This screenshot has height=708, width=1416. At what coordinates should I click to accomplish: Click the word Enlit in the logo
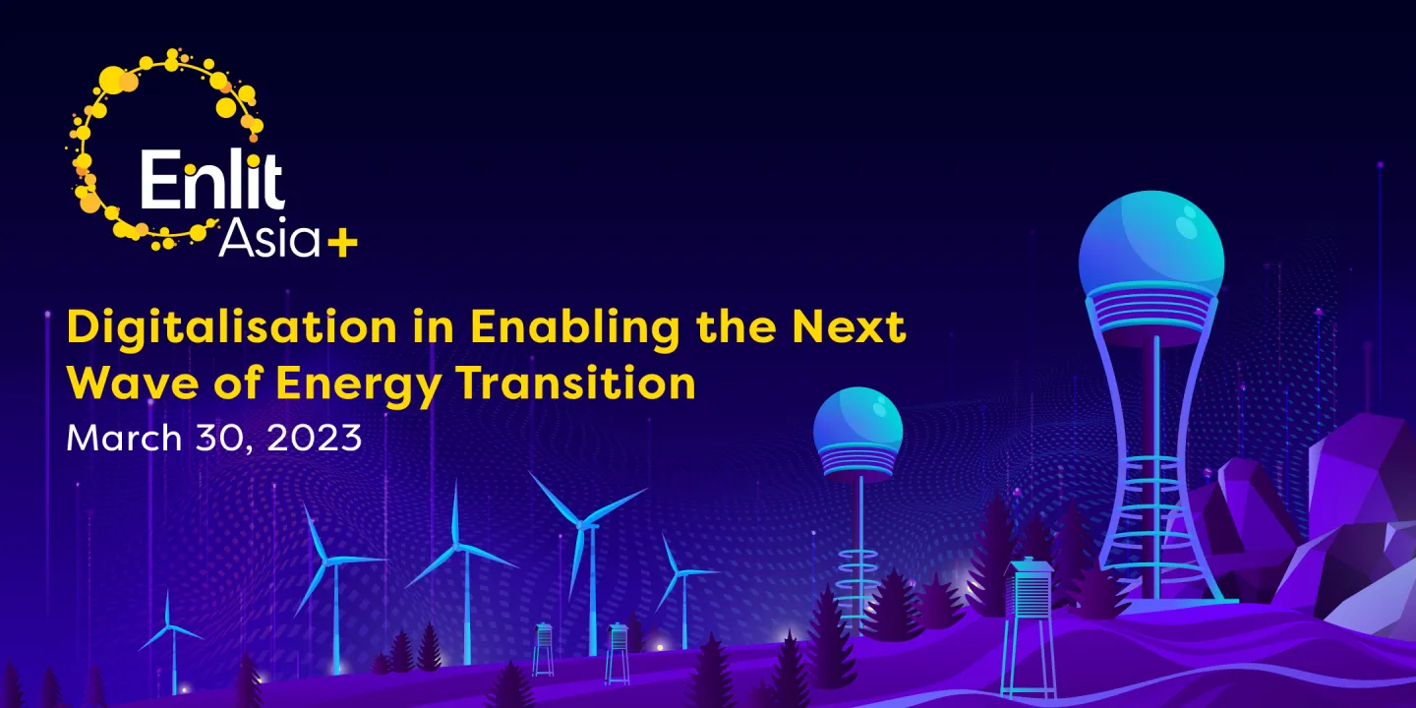(212, 181)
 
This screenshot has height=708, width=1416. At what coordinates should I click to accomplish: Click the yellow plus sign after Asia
(342, 244)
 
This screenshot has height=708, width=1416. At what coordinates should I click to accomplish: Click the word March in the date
(123, 437)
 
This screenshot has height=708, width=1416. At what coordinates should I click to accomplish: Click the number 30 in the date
(224, 437)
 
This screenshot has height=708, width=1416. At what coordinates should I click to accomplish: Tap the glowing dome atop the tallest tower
(1151, 246)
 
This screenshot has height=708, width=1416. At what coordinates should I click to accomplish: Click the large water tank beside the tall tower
(1028, 600)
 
